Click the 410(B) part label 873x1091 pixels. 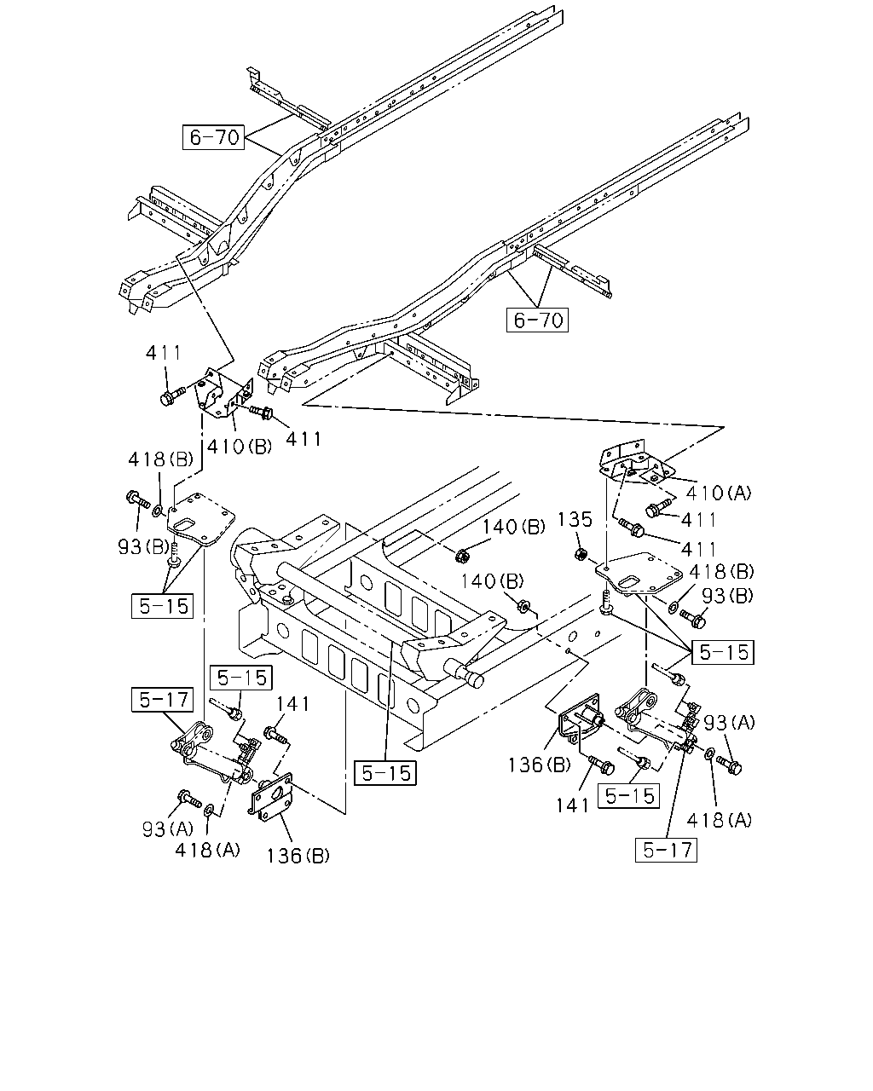240,446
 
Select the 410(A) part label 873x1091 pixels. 719,493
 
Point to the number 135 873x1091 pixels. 575,519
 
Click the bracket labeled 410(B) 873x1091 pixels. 223,395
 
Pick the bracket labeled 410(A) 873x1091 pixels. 634,464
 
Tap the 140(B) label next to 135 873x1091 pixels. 513,527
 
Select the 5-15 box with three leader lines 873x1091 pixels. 723,653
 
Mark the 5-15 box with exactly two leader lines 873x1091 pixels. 162,606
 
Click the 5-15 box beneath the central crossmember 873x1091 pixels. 385,773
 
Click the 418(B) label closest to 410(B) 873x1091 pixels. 160,459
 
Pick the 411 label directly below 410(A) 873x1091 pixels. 698,520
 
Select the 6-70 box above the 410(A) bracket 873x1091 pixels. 537,320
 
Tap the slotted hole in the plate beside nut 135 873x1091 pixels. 631,582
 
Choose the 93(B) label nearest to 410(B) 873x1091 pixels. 143,546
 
